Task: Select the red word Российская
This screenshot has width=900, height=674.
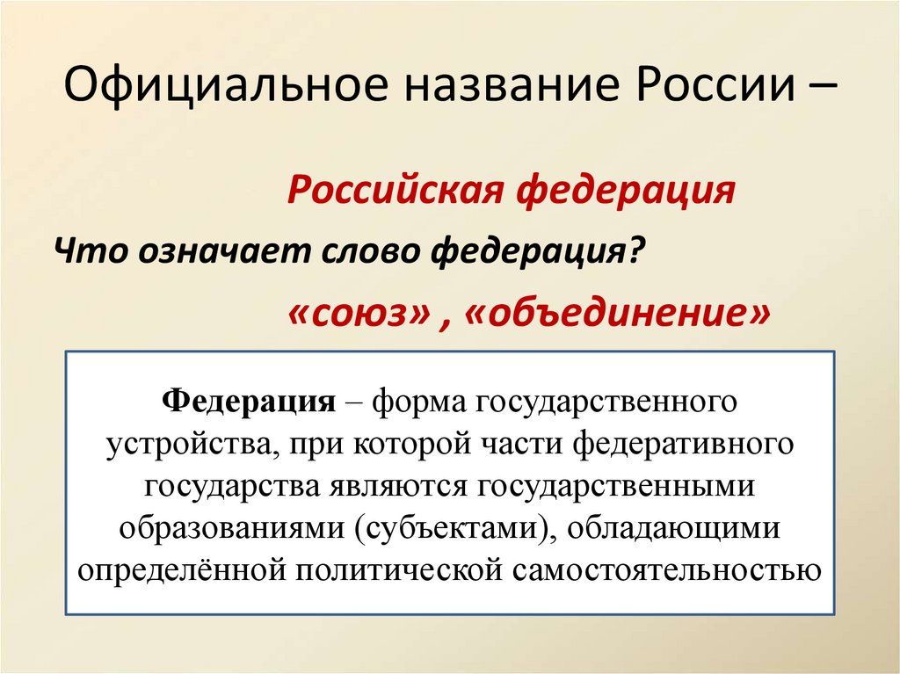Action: [395, 191]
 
